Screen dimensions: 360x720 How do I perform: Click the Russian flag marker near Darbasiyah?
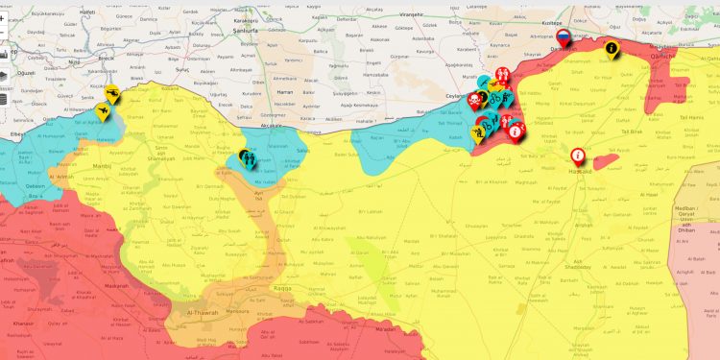click(x=563, y=36)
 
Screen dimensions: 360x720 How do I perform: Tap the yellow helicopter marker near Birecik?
click(x=113, y=92)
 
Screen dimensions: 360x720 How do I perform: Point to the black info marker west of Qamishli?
click(x=612, y=48)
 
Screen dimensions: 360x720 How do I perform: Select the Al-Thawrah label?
click(x=203, y=312)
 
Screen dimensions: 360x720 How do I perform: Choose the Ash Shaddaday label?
click(x=572, y=264)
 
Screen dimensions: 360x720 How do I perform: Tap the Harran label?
click(x=283, y=88)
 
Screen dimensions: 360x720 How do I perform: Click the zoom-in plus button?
click(x=3, y=18)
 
